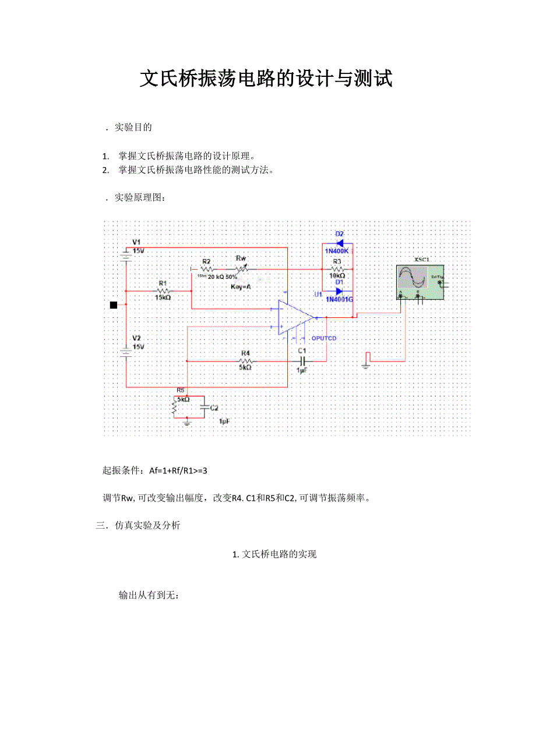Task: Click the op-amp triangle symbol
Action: (295, 318)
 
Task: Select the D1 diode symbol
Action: (338, 291)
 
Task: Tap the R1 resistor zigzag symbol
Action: (163, 291)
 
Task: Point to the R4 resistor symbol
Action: (245, 361)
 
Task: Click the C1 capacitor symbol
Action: (302, 361)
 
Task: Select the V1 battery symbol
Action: (126, 254)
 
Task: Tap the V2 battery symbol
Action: (126, 351)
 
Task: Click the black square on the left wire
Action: (114, 305)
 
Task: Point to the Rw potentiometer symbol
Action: (242, 269)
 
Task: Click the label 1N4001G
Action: (340, 299)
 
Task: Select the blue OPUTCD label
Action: (324, 338)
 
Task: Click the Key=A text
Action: (241, 286)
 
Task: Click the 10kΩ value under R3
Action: (337, 276)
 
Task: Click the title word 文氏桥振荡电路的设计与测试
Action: (266, 79)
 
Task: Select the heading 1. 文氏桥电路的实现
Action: (274, 554)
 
